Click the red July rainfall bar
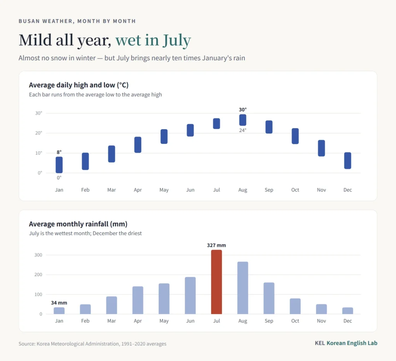[x=217, y=282]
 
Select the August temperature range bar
[x=243, y=120]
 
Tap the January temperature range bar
[x=59, y=165]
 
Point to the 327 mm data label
[x=217, y=245]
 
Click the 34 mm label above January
[x=59, y=303]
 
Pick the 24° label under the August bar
[x=243, y=130]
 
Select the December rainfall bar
[x=348, y=311]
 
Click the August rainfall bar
[x=243, y=288]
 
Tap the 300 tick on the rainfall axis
[x=38, y=255]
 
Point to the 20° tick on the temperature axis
[x=39, y=133]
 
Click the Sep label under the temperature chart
[x=269, y=190]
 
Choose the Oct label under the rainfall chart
[x=295, y=321]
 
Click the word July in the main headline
[x=177, y=40]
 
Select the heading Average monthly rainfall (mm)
[x=78, y=224]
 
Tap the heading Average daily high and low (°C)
[x=79, y=85]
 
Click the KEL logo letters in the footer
[x=320, y=343]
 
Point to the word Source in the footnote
[x=27, y=344]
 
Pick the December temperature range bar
[x=348, y=161]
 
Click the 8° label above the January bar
[x=59, y=152]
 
